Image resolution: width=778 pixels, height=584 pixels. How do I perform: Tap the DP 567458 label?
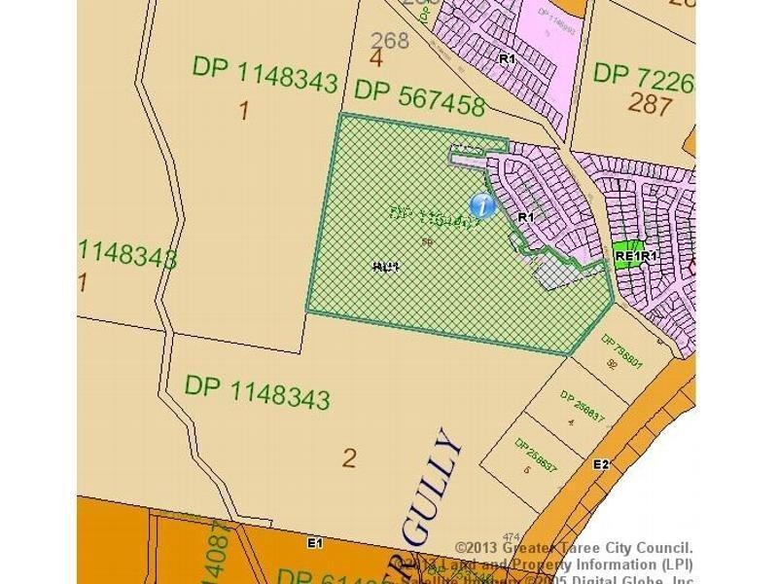[419, 97]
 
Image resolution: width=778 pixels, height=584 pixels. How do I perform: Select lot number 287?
[650, 104]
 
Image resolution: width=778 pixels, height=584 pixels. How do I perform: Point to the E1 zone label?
[314, 543]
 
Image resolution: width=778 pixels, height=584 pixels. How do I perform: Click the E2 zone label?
[601, 464]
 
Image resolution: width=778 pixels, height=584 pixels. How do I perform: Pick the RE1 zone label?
[624, 257]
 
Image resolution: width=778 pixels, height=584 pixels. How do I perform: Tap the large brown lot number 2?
[350, 456]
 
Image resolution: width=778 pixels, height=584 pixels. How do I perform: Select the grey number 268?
[391, 41]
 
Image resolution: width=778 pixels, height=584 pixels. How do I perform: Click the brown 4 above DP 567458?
[376, 58]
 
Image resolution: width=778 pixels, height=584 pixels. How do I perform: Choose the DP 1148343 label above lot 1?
[265, 74]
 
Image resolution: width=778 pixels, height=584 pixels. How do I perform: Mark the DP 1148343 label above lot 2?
[257, 391]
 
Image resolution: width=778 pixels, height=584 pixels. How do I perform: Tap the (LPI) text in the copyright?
[673, 565]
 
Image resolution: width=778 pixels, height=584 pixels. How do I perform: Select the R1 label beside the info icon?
[526, 217]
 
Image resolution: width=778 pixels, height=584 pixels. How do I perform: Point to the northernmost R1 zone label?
[507, 59]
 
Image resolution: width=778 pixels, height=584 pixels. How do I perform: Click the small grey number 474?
[512, 537]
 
